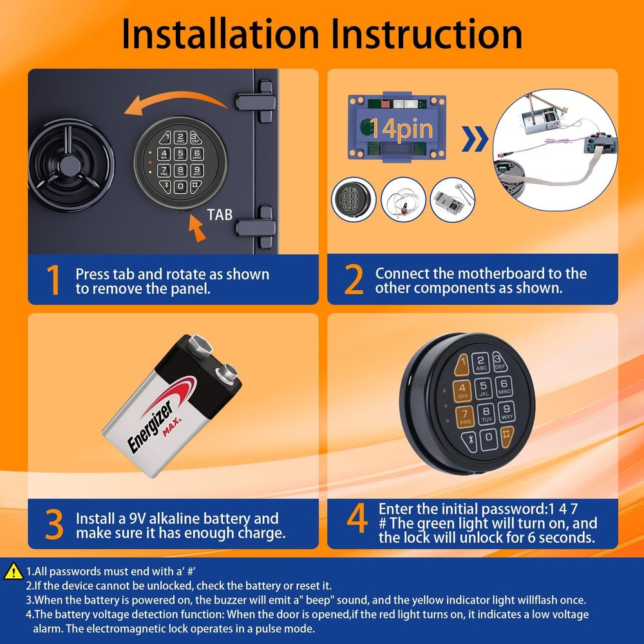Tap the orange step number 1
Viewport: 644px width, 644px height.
[x=54, y=281]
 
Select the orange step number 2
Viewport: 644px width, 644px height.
[x=354, y=281]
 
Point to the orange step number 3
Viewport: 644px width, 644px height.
[x=54, y=525]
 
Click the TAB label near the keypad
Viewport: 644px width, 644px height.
[x=220, y=215]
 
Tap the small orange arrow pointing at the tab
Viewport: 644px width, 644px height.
[x=198, y=227]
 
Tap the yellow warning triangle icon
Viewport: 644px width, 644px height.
[x=13, y=571]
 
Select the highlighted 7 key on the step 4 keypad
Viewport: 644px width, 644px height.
[x=465, y=416]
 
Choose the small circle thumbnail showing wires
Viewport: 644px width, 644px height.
[x=403, y=200]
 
